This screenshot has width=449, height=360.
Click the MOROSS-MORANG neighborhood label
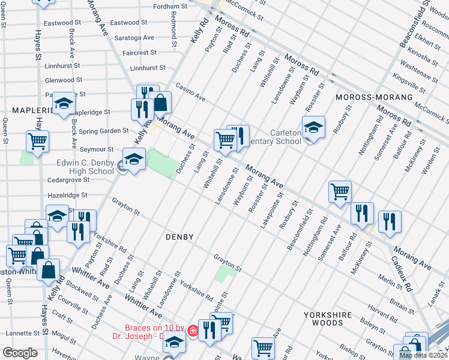click(x=375, y=97)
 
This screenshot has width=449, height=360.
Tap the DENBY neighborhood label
click(x=179, y=237)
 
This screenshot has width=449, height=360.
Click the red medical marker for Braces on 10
click(x=193, y=331)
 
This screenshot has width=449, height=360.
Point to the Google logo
click(x=20, y=353)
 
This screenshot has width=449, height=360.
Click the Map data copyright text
click(x=423, y=355)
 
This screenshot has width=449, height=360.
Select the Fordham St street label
click(x=167, y=7)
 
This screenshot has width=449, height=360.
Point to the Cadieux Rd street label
click(x=402, y=275)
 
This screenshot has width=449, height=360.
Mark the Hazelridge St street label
click(x=67, y=195)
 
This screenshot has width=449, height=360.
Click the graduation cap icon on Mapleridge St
click(x=64, y=104)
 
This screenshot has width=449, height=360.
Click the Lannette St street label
click(x=23, y=333)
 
